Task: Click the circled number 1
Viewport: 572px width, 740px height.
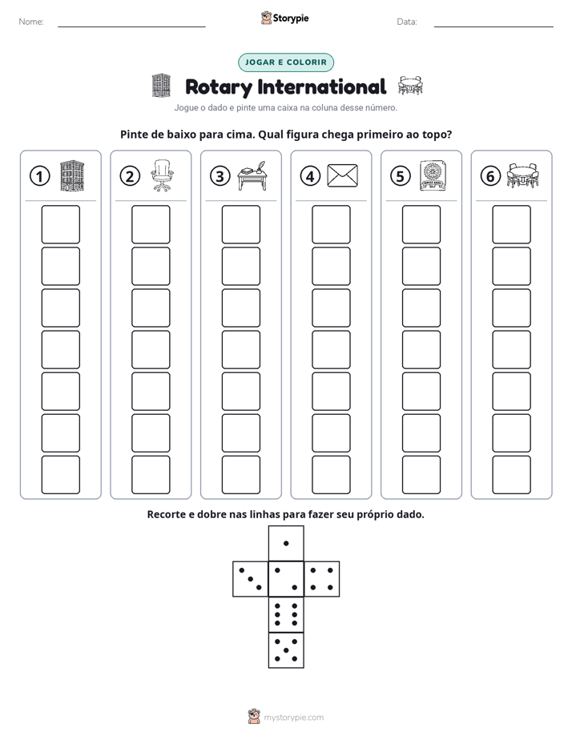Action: (x=39, y=176)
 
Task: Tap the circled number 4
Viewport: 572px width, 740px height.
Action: (x=310, y=176)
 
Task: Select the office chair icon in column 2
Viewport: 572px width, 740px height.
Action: (x=162, y=175)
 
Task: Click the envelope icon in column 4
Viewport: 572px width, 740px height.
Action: (x=343, y=175)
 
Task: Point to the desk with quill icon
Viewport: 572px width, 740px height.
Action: (x=252, y=176)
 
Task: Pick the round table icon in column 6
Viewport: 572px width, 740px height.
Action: (x=522, y=175)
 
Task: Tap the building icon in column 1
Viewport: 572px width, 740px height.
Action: (x=72, y=175)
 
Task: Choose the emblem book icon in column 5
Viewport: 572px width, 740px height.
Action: (x=433, y=175)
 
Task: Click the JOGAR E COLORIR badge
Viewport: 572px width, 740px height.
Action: (x=286, y=62)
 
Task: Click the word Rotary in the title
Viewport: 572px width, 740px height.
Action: (x=219, y=87)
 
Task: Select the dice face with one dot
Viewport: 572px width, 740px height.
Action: (x=286, y=543)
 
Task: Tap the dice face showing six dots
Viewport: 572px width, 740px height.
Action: (x=286, y=614)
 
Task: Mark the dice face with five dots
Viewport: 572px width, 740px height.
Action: (x=286, y=650)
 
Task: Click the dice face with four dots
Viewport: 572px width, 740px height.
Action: (x=322, y=579)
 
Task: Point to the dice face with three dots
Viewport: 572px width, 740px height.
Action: (x=251, y=579)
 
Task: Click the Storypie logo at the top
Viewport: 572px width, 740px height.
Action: (x=284, y=18)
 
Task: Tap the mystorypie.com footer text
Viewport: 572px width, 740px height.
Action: (x=293, y=718)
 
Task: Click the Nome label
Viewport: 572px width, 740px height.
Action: (x=31, y=22)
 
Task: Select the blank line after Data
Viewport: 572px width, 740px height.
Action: (x=493, y=26)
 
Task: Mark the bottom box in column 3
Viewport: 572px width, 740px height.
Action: (x=241, y=475)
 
